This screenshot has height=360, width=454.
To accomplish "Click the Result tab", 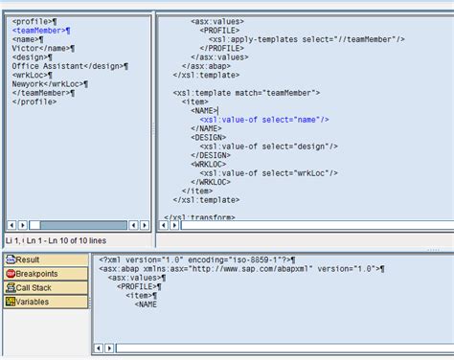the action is pos(27,259).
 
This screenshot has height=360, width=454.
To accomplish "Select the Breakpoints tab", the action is pos(36,274).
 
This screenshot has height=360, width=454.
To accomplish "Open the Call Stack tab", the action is pos(34,287).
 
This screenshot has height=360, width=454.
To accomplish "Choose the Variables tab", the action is pos(32,302).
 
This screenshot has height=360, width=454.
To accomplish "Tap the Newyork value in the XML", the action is pos(30,84).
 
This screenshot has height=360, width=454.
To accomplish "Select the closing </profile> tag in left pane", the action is pos(34,101).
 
